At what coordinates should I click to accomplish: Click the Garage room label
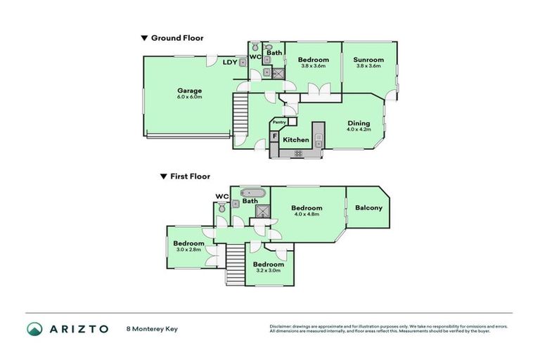189,90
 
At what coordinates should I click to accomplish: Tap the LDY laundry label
229,63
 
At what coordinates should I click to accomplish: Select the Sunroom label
368,60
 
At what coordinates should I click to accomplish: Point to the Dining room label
359,123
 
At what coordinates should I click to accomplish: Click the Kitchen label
295,140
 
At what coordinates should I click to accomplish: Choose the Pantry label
279,122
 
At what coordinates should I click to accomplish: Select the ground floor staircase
241,111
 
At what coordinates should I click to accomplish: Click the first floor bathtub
252,192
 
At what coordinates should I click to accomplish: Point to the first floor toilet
222,207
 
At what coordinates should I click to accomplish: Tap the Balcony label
368,207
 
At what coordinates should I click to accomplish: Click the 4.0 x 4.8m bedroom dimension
307,214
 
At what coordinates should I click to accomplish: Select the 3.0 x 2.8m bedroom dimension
188,250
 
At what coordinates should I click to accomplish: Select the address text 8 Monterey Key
152,328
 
